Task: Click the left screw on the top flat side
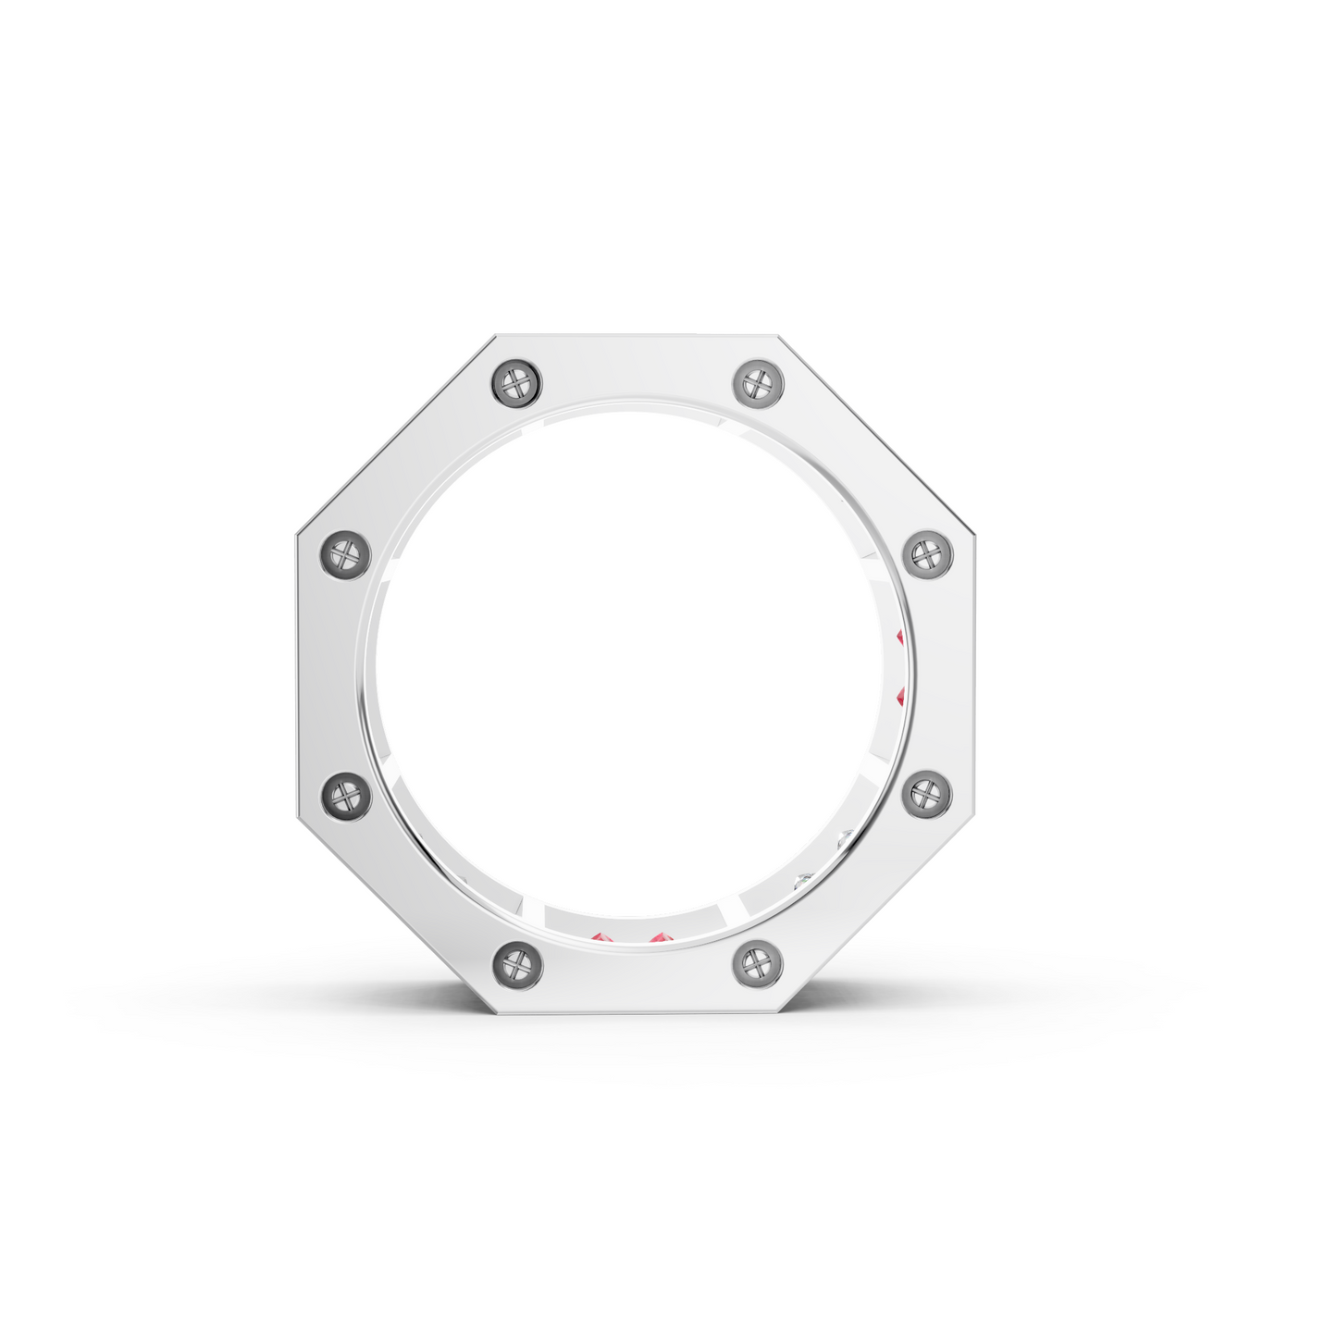pos(516,382)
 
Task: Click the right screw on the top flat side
pos(758,382)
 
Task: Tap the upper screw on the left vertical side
pos(345,555)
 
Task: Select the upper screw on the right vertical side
pos(926,555)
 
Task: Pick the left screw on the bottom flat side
pos(517,965)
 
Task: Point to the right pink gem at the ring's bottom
pos(659,940)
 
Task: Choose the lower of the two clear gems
pos(803,880)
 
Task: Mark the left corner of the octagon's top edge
pos(497,336)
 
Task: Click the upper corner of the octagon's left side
pos(297,534)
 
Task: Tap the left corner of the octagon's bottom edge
pos(497,1012)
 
